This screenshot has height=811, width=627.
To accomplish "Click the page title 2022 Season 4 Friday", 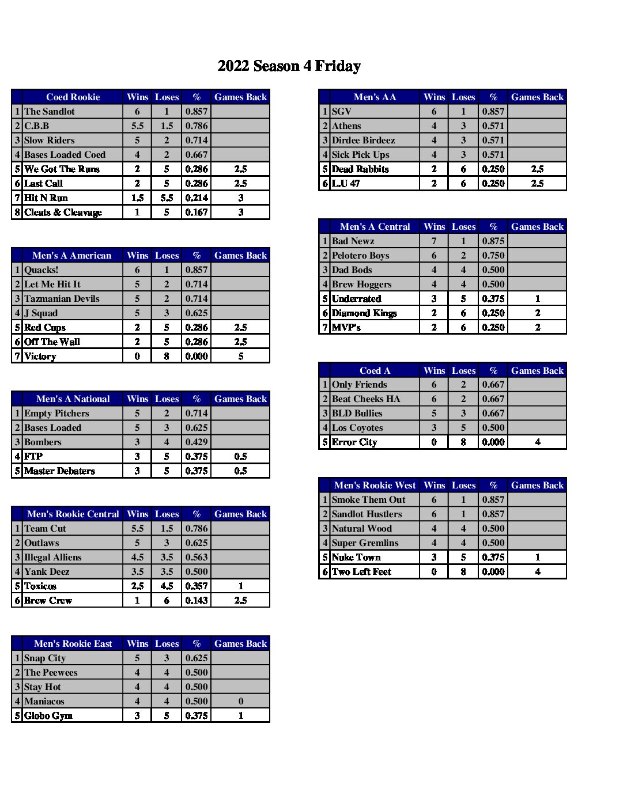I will [x=289, y=66].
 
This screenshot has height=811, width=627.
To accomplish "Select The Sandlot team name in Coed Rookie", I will [x=50, y=112].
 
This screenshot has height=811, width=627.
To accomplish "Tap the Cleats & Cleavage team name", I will [x=63, y=213].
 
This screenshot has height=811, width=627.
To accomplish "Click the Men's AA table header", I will [x=375, y=97].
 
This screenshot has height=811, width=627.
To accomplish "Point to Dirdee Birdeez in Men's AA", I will [x=363, y=141].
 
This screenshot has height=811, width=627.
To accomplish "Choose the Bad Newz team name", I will [x=353, y=241].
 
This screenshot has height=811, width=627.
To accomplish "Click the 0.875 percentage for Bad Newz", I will [x=493, y=241].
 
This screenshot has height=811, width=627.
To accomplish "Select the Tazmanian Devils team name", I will [x=62, y=299].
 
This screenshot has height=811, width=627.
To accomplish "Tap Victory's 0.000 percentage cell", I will [x=197, y=357].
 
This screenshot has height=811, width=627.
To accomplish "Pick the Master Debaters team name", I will [x=59, y=471].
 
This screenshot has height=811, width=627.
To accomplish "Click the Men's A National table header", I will [x=73, y=399].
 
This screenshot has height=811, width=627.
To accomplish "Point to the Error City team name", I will [x=354, y=442].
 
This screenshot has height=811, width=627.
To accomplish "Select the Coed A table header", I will [x=375, y=371].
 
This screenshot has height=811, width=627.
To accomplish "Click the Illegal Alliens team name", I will [x=53, y=558].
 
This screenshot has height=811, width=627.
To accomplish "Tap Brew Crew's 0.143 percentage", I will [x=197, y=601].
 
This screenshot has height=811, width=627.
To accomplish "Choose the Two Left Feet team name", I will [x=361, y=572].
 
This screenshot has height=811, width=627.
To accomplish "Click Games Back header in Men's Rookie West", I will [x=537, y=486].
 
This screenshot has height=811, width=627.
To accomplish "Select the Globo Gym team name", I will [x=48, y=716].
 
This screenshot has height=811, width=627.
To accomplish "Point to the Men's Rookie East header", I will [x=73, y=644].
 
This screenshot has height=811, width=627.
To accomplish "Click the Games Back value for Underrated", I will [x=537, y=299].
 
